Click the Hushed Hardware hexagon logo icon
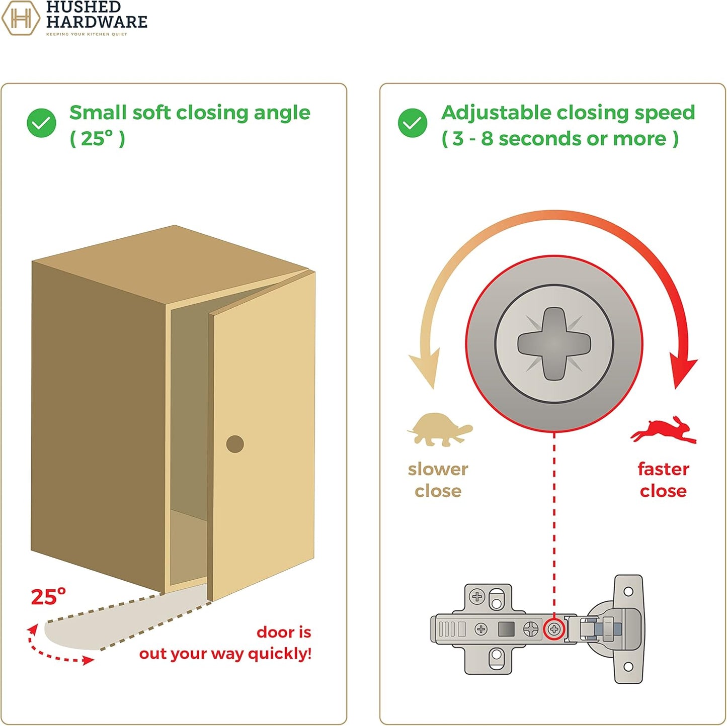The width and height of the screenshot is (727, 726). (x=21, y=18)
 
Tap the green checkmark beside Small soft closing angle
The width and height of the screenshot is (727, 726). (x=41, y=123)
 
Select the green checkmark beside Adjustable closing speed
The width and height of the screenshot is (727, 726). (x=413, y=123)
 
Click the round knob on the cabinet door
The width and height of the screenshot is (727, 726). (x=235, y=444)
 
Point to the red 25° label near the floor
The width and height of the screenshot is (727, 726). (x=48, y=597)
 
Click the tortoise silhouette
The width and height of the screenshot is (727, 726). (x=439, y=429)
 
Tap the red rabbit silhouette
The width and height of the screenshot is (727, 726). (x=664, y=430)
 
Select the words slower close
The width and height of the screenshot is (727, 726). (x=438, y=480)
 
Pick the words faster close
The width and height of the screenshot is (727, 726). (x=663, y=480)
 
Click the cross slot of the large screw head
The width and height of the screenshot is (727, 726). (x=554, y=344)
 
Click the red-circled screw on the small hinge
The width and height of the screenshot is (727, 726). (x=554, y=629)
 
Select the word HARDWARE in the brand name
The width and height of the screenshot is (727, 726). (x=97, y=22)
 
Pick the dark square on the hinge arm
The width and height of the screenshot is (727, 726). (x=506, y=629)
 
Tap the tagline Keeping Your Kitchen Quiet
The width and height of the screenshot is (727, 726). (x=87, y=34)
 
